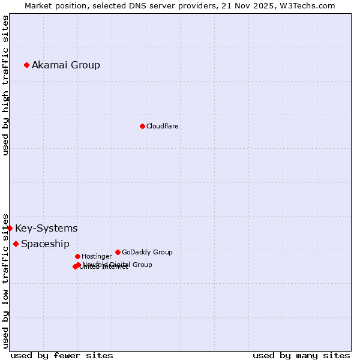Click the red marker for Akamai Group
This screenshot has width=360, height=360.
pyautogui.click(x=26, y=65)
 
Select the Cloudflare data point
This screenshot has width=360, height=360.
pyautogui.click(x=142, y=126)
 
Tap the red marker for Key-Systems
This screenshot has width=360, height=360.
pyautogui.click(x=10, y=228)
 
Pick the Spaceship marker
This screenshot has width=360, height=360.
pyautogui.click(x=16, y=244)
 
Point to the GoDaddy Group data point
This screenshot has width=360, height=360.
pyautogui.click(x=118, y=252)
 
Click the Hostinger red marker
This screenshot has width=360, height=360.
pyautogui.click(x=77, y=256)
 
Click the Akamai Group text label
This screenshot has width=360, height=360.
pyautogui.click(x=66, y=65)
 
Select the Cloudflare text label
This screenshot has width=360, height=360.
pyautogui.click(x=162, y=126)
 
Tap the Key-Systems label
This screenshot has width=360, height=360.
pyautogui.click(x=46, y=228)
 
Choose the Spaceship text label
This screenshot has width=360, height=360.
pyautogui.click(x=45, y=244)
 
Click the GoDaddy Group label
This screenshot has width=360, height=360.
pyautogui.click(x=147, y=252)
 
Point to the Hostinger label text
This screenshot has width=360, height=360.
pyautogui.click(x=97, y=256)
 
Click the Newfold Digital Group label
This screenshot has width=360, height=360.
pyautogui.click(x=118, y=265)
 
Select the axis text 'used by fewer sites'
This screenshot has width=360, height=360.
pyautogui.click(x=62, y=355)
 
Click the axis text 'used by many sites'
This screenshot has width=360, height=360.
pyautogui.click(x=301, y=355)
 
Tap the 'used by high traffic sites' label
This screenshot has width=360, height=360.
pyautogui.click(x=6, y=85)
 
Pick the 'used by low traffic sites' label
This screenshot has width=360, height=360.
pyautogui.click(x=6, y=280)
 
